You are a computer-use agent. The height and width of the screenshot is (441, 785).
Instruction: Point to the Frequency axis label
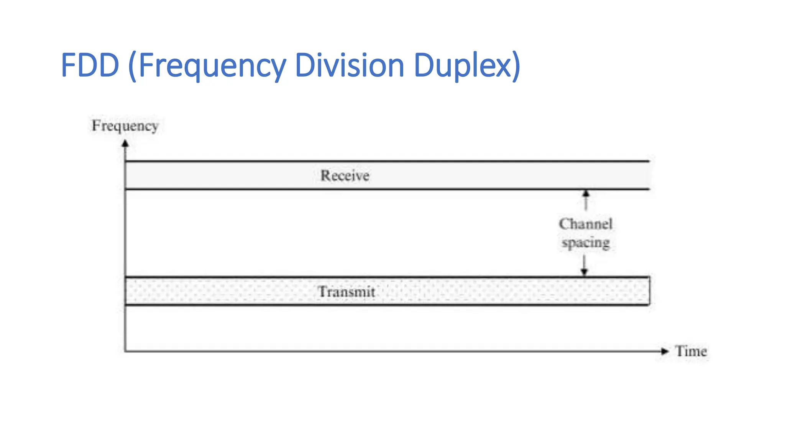(x=125, y=126)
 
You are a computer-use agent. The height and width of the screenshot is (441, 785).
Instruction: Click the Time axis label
(x=691, y=351)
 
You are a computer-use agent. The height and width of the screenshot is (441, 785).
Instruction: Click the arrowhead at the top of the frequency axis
(x=125, y=144)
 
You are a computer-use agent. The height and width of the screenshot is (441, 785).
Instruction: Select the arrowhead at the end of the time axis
(x=665, y=351)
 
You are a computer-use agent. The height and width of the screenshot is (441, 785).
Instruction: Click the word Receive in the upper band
(x=345, y=176)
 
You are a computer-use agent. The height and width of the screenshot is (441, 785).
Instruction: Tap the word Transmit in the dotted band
(x=347, y=292)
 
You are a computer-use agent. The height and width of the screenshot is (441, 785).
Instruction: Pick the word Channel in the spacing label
(x=585, y=224)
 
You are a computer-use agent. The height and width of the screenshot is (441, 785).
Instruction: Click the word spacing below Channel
(x=585, y=243)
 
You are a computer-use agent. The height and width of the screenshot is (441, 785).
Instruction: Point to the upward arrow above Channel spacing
(x=585, y=199)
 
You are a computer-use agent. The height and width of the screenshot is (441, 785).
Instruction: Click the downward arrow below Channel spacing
(x=584, y=266)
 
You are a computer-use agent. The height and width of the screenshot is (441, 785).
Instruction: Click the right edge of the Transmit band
(x=649, y=291)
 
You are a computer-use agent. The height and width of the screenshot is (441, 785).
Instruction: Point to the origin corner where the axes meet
(x=125, y=351)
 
